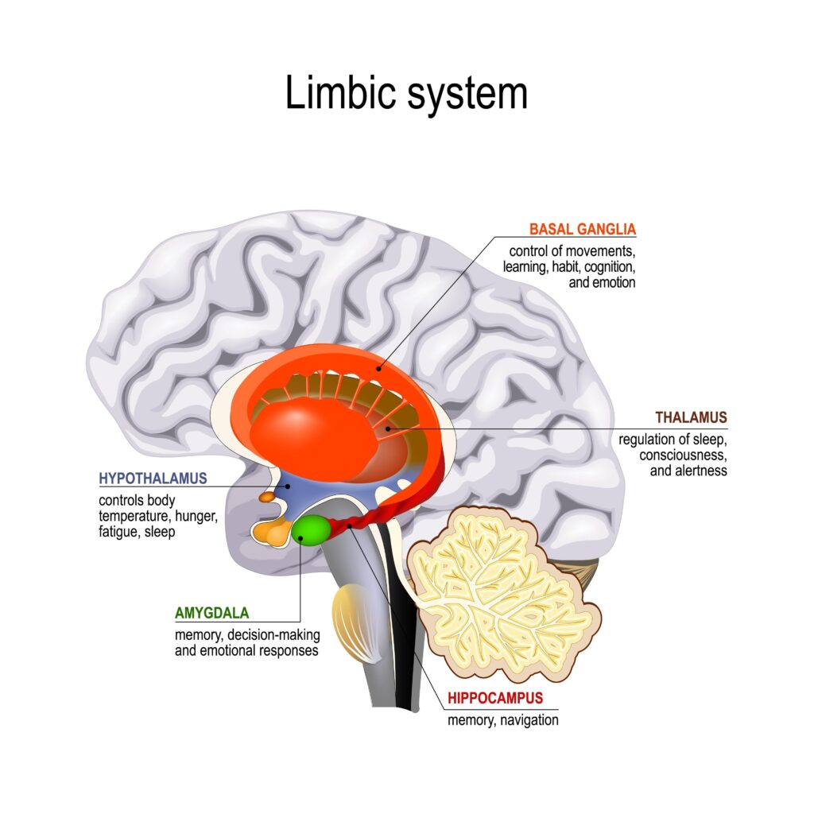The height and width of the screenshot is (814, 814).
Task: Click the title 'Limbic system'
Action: pyautogui.click(x=406, y=94)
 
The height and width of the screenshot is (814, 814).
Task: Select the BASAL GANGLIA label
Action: pyautogui.click(x=583, y=230)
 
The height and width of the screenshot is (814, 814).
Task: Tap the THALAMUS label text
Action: pyautogui.click(x=690, y=417)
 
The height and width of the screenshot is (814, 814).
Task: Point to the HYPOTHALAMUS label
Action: pyautogui.click(x=153, y=479)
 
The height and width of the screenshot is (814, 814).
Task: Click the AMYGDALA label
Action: pyautogui.click(x=211, y=613)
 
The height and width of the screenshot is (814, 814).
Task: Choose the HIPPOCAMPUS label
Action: pyautogui.click(x=494, y=698)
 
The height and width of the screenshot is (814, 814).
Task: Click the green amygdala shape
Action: pyautogui.click(x=310, y=530)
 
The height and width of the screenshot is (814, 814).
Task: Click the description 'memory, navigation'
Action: pyautogui.click(x=502, y=720)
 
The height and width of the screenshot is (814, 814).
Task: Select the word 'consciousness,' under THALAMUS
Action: pyautogui.click(x=683, y=455)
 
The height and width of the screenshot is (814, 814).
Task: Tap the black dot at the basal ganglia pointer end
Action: pyautogui.click(x=379, y=368)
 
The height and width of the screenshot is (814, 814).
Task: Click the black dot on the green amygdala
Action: pyautogui.click(x=301, y=537)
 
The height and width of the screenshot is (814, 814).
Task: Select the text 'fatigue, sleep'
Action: pyautogui.click(x=137, y=532)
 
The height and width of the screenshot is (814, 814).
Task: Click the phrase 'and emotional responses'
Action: pyautogui.click(x=246, y=649)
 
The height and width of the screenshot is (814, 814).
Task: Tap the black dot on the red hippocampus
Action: pyautogui.click(x=349, y=525)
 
